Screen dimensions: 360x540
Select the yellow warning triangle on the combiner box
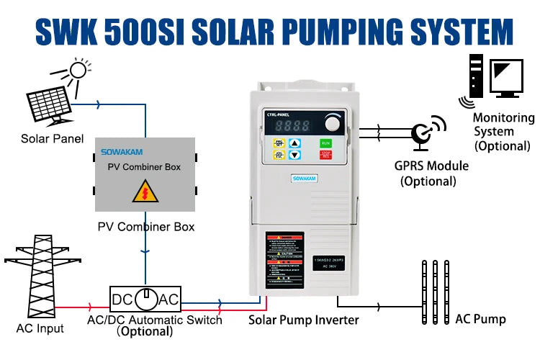pos(145,194)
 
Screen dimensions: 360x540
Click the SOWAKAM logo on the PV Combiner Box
pos(122,152)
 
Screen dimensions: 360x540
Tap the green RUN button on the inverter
pos(325,143)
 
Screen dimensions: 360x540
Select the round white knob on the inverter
pos(333,122)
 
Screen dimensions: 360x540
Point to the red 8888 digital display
pos(288,124)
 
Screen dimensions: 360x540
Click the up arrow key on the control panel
pos(295,143)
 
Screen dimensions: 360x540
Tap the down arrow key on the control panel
pos(295,154)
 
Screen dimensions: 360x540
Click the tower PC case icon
pos(475,76)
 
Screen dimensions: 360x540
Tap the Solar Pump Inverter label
pos(304,319)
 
